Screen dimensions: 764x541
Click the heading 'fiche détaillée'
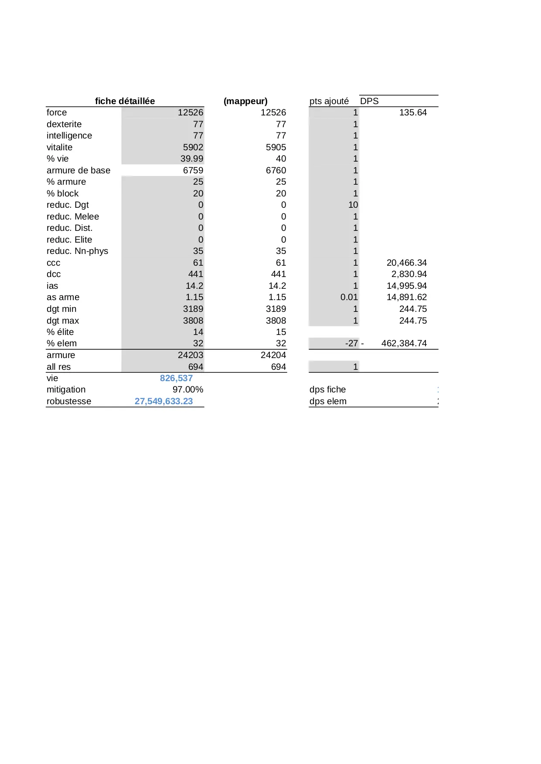click(125, 101)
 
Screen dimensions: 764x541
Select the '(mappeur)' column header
click(245, 101)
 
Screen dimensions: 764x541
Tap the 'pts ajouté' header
click(329, 101)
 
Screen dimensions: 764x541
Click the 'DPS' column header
click(369, 101)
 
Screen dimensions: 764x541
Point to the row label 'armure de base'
click(78, 170)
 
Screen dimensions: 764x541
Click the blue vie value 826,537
click(176, 378)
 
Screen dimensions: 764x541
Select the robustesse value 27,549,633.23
click(163, 401)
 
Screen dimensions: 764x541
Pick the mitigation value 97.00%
click(188, 389)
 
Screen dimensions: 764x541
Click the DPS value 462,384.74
click(404, 343)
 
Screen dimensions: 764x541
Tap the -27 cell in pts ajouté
click(351, 343)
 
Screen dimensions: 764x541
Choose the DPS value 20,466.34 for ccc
click(406, 263)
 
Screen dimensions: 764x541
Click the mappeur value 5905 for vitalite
click(276, 147)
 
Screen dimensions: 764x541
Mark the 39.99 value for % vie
click(192, 159)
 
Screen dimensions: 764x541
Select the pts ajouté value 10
click(353, 205)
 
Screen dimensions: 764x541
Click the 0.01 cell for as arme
click(349, 297)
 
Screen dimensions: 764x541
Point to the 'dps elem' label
click(328, 401)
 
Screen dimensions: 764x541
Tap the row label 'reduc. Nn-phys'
click(77, 251)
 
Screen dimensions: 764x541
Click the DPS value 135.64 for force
click(413, 112)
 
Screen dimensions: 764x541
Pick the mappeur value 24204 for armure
click(273, 355)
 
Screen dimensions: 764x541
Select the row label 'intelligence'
click(69, 135)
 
